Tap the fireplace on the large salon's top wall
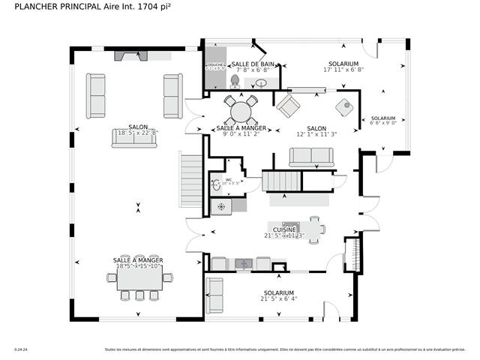click(131, 55)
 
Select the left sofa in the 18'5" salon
click(96, 95)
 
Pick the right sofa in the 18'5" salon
click(172, 95)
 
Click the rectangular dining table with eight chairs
click(139, 278)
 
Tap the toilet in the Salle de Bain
click(235, 80)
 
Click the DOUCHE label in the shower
click(214, 65)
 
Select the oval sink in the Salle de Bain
click(261, 82)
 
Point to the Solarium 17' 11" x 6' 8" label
click(343, 67)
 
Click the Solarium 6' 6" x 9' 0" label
click(382, 121)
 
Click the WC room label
click(229, 180)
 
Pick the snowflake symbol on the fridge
click(221, 205)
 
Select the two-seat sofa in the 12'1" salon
click(311, 156)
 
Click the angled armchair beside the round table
click(287, 105)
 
